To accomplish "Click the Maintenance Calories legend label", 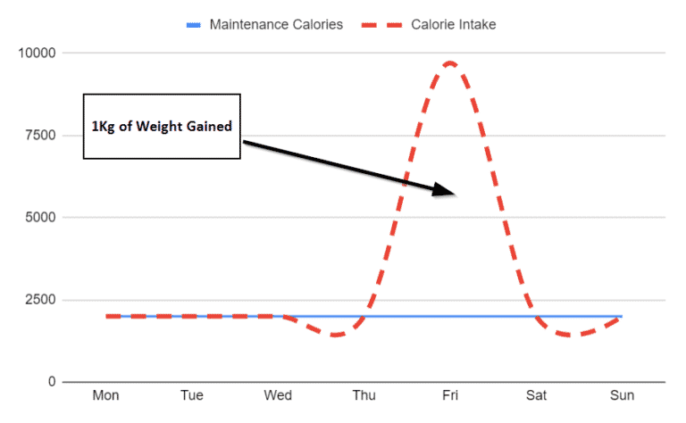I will click(x=276, y=24).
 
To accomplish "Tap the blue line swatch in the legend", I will click(x=193, y=25).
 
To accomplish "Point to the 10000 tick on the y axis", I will click(x=37, y=53).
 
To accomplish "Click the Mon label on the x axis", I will click(x=106, y=395).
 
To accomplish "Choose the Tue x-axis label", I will click(x=192, y=395).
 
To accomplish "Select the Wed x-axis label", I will click(x=279, y=395).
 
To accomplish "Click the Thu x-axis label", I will click(x=364, y=395).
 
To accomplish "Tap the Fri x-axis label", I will click(x=450, y=395).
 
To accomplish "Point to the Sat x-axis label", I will click(x=536, y=395).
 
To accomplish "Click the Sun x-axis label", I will click(x=622, y=395).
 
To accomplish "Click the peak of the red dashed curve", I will click(x=449, y=62).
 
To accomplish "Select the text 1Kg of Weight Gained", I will click(x=162, y=127).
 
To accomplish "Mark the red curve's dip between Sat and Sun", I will click(x=572, y=335).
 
